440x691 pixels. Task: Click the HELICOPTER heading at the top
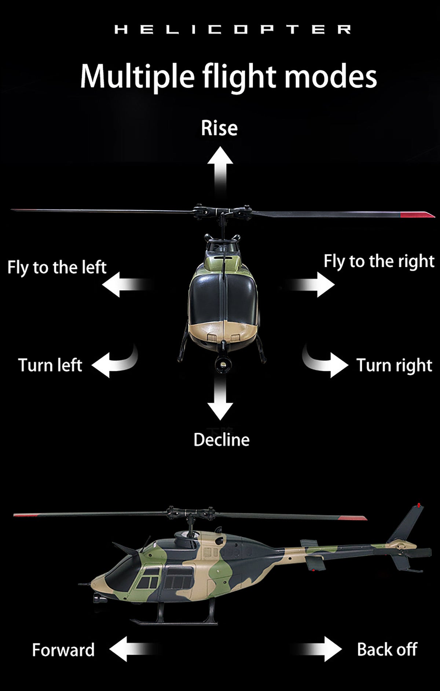click(232, 30)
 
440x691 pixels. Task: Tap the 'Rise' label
click(219, 128)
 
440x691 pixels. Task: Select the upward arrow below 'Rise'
click(220, 168)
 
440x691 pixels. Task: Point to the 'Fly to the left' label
click(57, 267)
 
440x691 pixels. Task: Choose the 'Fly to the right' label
click(379, 261)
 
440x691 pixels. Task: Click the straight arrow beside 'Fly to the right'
click(313, 284)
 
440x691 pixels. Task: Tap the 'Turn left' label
click(50, 365)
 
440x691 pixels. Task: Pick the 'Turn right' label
click(394, 365)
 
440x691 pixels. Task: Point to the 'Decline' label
click(221, 439)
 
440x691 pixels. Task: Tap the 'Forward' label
click(63, 650)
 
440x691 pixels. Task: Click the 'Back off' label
click(387, 649)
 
